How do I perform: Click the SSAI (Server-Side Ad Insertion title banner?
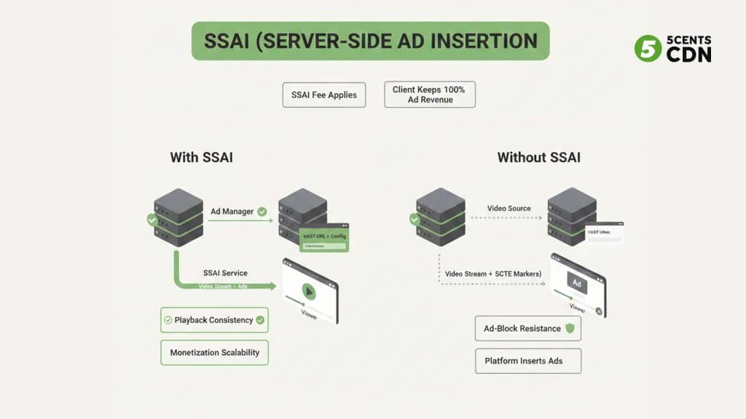(370, 41)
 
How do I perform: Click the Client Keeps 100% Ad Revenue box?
(430, 95)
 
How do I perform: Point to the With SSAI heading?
(201, 157)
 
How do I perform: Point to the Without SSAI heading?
(538, 157)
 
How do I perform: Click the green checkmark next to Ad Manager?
(262, 212)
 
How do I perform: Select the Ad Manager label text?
(232, 212)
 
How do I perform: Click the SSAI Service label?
(224, 273)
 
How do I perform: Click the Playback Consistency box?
(214, 319)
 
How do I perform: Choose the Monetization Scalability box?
(214, 352)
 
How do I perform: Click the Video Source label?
(509, 209)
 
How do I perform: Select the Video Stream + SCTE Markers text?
(492, 274)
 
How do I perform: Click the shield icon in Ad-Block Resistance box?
(570, 328)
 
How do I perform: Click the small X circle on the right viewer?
(599, 311)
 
